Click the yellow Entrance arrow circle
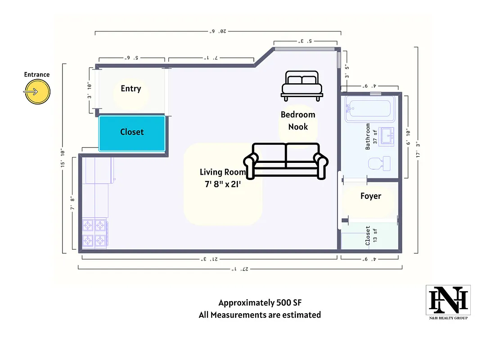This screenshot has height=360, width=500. point(37,92)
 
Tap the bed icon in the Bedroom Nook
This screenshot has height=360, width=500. point(302,85)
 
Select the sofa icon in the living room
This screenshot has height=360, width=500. point(286,161)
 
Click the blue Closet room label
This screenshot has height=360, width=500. point(132,132)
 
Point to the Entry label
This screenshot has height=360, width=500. point(131,89)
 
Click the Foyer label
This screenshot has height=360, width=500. point(371,196)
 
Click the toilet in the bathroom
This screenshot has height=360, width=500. point(379,163)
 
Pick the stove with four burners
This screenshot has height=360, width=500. point(95,233)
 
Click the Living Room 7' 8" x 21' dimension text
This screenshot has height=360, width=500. point(223,178)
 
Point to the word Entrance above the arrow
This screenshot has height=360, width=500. point(37,74)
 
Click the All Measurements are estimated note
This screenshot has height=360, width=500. point(260,315)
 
